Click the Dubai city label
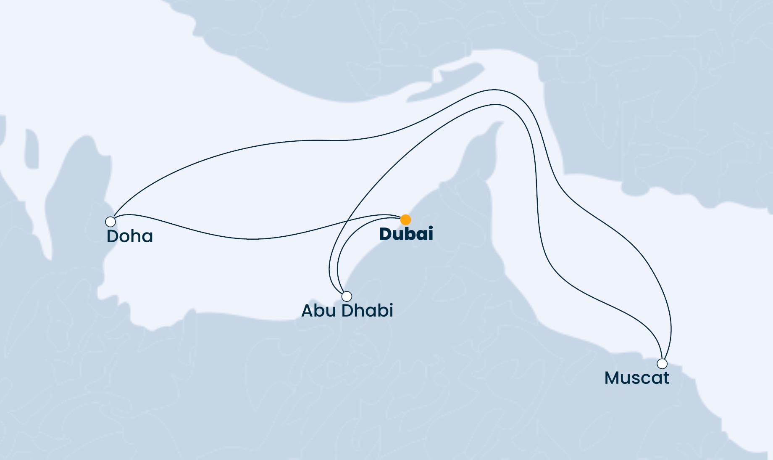pos(406,234)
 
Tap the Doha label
pos(129,236)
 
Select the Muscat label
pos(636,378)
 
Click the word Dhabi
pos(367,311)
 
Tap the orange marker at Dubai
pos(405,219)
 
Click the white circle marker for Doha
pos(110,222)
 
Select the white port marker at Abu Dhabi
pos(347,296)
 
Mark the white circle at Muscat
pos(662,363)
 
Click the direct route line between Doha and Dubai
pos(252,239)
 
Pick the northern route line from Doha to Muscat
pos(336,140)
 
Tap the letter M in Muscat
pos(611,378)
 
